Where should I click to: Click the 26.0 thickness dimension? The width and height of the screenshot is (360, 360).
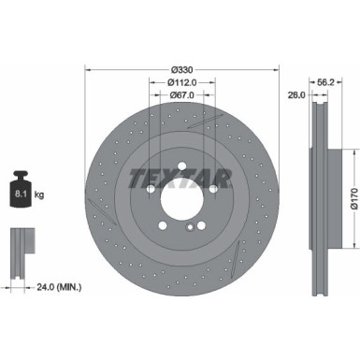[x=295, y=94]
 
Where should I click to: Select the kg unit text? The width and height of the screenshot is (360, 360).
[x=38, y=196]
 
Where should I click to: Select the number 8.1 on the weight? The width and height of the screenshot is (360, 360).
[x=20, y=194]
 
